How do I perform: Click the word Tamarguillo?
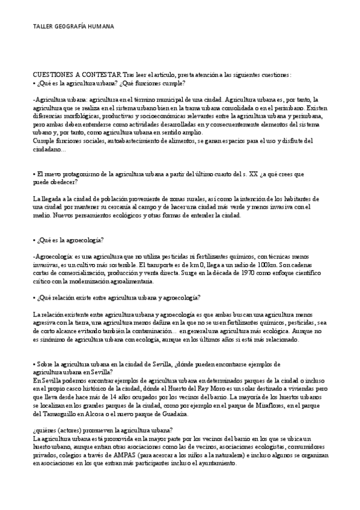point(56,414)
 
